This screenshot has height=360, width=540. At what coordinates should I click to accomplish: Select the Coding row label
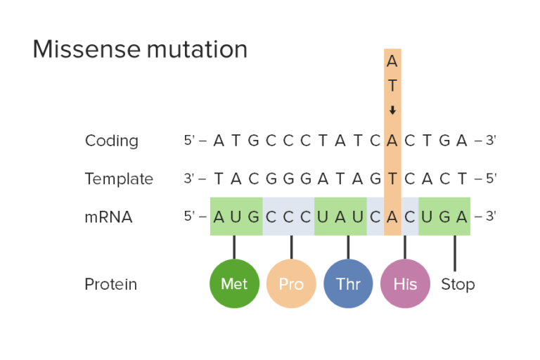[112, 141]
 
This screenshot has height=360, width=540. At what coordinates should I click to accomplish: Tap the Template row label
[119, 179]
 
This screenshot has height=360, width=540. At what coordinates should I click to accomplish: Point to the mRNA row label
[108, 217]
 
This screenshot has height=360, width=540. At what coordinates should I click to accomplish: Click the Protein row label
[111, 284]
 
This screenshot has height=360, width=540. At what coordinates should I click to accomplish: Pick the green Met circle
[234, 284]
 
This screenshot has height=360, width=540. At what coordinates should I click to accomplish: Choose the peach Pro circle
[291, 284]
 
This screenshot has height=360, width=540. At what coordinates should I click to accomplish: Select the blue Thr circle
[348, 284]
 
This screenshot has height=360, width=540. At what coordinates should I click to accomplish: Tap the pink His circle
[405, 284]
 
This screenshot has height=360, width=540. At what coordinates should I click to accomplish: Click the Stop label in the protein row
[458, 284]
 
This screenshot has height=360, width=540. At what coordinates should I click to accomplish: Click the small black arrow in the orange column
[392, 110]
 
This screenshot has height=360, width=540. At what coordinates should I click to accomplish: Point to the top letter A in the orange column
[392, 62]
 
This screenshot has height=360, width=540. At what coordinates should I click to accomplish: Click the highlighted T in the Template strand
[392, 179]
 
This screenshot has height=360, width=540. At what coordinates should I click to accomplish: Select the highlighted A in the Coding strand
[392, 141]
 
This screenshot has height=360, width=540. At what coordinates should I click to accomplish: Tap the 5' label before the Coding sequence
[190, 141]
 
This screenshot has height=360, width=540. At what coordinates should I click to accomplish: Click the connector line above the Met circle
[234, 247]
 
